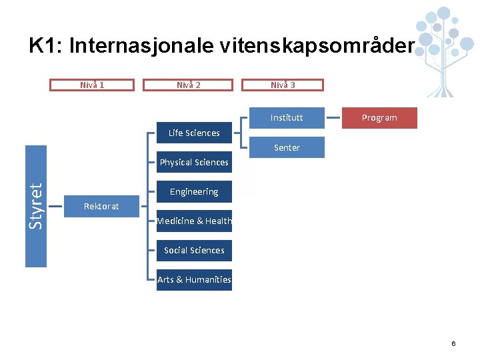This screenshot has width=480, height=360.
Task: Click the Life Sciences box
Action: pos(194,133)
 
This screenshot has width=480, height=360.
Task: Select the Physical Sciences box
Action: pos(194,162)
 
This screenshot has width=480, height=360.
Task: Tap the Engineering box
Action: pos(194,191)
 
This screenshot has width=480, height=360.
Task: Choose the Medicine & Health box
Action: pos(194,221)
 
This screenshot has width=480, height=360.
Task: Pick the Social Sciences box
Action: pos(194,250)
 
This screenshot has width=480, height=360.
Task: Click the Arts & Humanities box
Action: pos(194,279)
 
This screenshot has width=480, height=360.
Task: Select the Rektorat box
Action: pos(101,206)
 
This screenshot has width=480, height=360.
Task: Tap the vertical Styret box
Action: pos(36,206)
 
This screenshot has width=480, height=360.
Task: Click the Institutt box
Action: pos(287,117)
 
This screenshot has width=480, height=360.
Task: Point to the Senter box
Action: pos(287,147)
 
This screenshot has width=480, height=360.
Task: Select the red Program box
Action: pos(379,117)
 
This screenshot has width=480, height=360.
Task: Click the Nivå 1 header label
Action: pos(92,85)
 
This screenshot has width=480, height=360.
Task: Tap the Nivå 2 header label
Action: pos(189,85)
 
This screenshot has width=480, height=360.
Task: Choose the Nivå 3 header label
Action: pos(283,85)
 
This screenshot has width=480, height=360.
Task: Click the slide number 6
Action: pos(453,343)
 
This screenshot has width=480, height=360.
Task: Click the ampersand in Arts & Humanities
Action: pos(178,279)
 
